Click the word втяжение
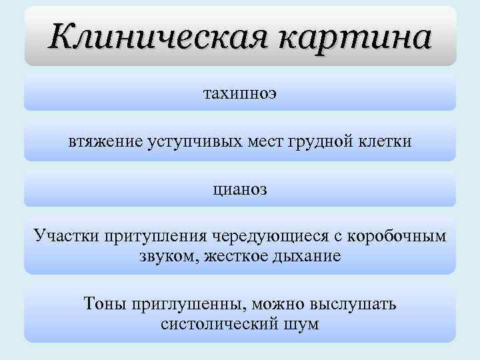pos(105,142)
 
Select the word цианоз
pos(240,189)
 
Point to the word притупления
pos(154,237)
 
